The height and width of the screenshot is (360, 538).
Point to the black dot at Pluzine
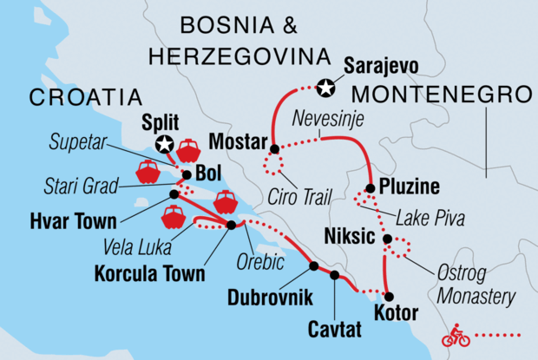point(371,187)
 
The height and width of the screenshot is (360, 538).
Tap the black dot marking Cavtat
point(335,275)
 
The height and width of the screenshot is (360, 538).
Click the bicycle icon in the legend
point(456,336)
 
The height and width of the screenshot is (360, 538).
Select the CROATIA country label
point(87,96)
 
